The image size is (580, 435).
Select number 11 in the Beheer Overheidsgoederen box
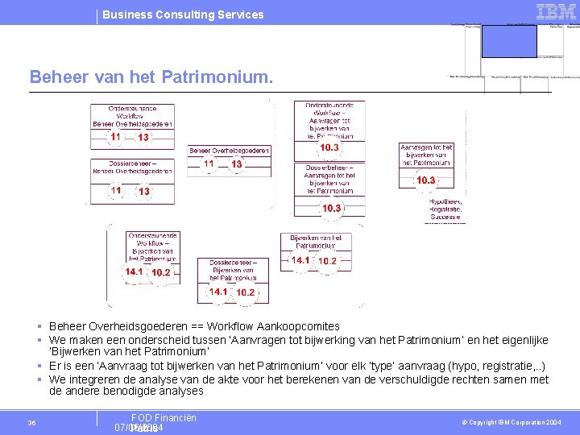[209, 164]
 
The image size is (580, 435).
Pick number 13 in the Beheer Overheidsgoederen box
[237, 164]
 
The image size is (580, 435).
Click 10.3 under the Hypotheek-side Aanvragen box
[425, 180]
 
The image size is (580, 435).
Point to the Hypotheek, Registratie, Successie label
[445, 208]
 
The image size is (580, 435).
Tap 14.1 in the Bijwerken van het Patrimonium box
[300, 261]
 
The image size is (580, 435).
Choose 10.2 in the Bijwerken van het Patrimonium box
[327, 261]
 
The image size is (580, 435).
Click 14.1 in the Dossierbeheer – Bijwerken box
[218, 292]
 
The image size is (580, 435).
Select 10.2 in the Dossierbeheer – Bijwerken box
[246, 292]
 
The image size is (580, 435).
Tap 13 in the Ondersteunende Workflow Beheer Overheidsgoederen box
[143, 138]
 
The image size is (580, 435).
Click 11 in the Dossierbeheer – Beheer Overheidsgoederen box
[116, 191]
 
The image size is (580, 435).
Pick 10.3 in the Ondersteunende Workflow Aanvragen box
[329, 148]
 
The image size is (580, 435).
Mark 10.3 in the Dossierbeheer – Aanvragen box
[332, 209]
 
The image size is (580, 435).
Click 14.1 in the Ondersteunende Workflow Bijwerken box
[134, 272]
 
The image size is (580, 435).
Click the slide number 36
[31, 423]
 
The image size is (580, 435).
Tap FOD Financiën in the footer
[164, 417]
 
